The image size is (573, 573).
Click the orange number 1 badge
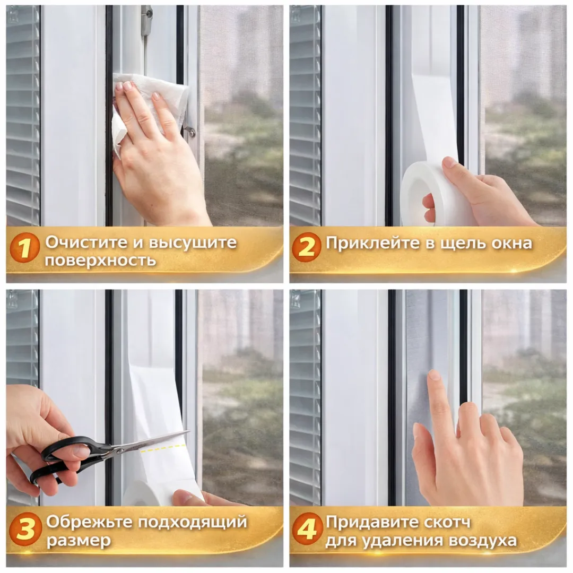pos(24,248)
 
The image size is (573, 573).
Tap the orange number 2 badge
pos(306,247)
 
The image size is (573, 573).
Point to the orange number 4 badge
pos(306,529)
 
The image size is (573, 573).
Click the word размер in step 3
pos(78,541)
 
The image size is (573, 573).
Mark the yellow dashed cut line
pos(163,448)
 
